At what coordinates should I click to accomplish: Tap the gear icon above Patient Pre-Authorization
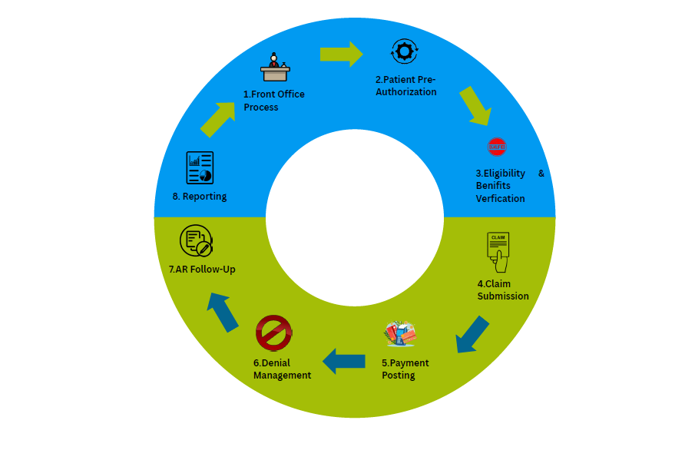click(x=404, y=51)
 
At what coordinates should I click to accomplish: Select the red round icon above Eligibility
click(x=497, y=146)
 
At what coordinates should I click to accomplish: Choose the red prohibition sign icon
click(x=273, y=333)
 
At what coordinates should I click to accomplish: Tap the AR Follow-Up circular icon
click(x=196, y=240)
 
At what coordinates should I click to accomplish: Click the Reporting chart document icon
click(x=200, y=167)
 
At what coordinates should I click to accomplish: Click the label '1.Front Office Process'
click(x=273, y=101)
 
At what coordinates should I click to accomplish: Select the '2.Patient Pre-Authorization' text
click(x=405, y=85)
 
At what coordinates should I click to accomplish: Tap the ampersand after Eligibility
click(x=541, y=174)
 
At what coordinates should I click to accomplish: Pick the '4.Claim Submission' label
click(x=502, y=290)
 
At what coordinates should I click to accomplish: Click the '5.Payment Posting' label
click(x=405, y=369)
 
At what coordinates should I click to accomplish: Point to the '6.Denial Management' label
click(x=282, y=369)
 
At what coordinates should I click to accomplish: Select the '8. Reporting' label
click(x=200, y=197)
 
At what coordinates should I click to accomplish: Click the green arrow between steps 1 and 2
click(x=341, y=54)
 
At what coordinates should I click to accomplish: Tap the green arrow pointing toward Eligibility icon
click(x=475, y=106)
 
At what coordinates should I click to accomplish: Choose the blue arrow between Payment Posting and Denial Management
click(x=343, y=361)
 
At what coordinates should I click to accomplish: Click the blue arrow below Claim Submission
click(x=472, y=334)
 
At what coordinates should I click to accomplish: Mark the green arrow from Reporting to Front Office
click(x=217, y=119)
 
